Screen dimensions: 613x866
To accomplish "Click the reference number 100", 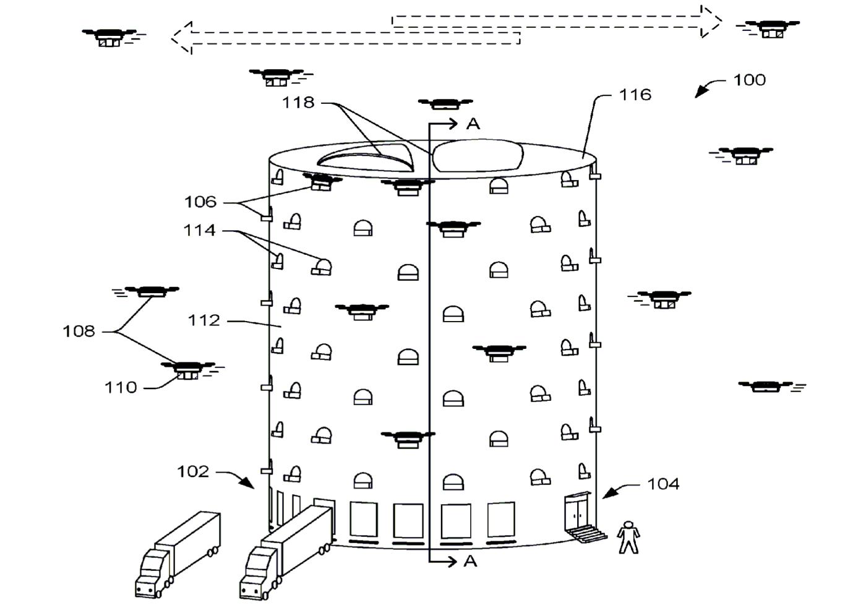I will (x=749, y=80).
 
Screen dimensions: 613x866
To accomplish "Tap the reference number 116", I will (x=635, y=95).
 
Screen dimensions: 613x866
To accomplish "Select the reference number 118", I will (x=298, y=103).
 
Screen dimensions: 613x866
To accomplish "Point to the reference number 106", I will (x=200, y=202).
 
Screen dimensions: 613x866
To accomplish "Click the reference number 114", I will (x=199, y=231).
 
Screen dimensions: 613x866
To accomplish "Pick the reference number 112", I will (x=204, y=320).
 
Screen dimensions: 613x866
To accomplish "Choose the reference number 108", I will (x=79, y=332).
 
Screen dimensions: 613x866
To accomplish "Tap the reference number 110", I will (x=121, y=388).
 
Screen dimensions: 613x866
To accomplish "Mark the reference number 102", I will (x=193, y=472).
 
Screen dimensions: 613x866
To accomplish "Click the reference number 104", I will (x=663, y=484).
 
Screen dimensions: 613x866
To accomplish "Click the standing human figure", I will (x=628, y=537).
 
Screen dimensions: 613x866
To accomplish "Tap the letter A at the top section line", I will (x=473, y=124).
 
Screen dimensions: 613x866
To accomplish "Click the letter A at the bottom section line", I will (x=471, y=561).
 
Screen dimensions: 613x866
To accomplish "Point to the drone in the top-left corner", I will (x=109, y=36).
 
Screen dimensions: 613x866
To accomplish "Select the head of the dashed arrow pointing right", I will (x=711, y=22).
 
